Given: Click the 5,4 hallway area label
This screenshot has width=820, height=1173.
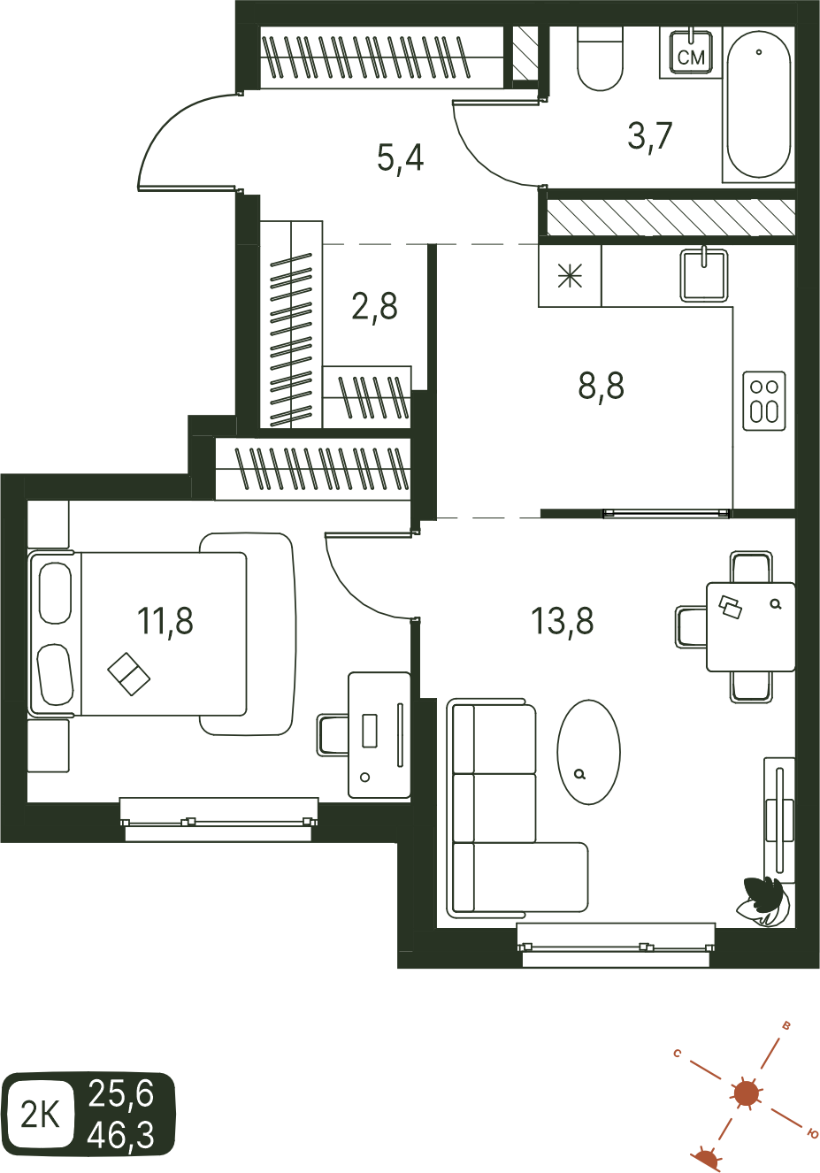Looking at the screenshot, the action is click(x=400, y=158).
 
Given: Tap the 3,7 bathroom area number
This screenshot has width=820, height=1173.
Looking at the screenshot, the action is click(x=649, y=136).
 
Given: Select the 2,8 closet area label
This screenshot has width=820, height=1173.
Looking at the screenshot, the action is click(x=374, y=307).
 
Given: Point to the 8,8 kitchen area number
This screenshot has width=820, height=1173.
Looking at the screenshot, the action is click(x=601, y=386).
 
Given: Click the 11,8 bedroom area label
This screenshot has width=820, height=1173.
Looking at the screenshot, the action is click(x=165, y=620).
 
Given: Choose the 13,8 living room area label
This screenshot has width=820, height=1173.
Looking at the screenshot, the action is click(x=562, y=620).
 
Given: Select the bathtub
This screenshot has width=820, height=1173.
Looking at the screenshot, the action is click(x=758, y=103).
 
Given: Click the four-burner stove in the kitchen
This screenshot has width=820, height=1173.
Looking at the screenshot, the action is click(x=764, y=401).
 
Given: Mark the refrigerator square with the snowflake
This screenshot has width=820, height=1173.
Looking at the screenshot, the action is click(x=570, y=275).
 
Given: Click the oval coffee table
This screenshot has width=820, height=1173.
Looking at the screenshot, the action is click(x=588, y=752).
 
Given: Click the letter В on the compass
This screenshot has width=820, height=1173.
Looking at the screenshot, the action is click(x=786, y=1025).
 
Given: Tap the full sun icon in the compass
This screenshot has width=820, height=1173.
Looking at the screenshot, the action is click(x=746, y=1093).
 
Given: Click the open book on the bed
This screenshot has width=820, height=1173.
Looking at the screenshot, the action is click(x=129, y=674).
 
